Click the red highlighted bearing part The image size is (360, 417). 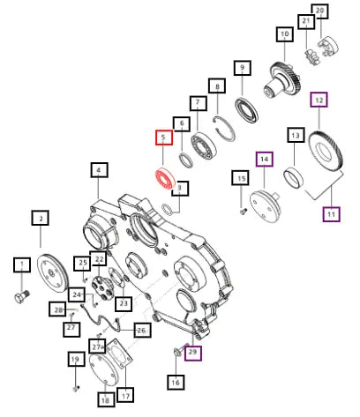(x=165, y=179)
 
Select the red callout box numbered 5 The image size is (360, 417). (x=164, y=138)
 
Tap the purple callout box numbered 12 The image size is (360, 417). (x=319, y=101)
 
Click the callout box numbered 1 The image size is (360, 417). (x=22, y=264)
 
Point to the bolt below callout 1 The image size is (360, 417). (x=22, y=296)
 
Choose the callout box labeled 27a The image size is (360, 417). (x=97, y=346)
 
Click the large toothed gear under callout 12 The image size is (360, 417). (x=326, y=150)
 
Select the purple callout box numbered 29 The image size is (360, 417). (x=193, y=352)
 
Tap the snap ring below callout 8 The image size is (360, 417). (x=224, y=129)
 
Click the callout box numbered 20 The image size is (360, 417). (x=319, y=11)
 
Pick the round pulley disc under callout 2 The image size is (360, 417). (x=52, y=273)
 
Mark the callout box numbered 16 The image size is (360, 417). (x=176, y=382)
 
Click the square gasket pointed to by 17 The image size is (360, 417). (x=118, y=354)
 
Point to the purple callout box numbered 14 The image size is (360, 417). (x=265, y=160)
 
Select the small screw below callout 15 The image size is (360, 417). (x=243, y=211)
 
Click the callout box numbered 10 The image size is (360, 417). (x=285, y=34)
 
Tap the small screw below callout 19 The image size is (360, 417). (x=76, y=389)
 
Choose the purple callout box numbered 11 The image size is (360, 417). (x=332, y=214)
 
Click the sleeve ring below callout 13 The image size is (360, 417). (x=293, y=177)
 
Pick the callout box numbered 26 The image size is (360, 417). (x=142, y=330)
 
